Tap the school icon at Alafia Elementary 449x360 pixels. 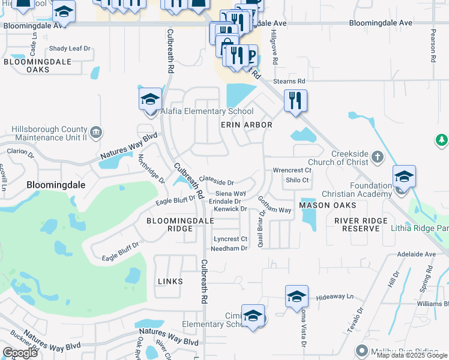pos(150,100)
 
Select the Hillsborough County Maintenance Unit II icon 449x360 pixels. pos(95,132)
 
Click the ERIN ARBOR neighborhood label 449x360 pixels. pos(247,125)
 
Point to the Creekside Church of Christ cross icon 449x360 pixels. pos(377,157)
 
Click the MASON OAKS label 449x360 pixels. pos(328,205)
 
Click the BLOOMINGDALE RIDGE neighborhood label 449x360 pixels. pos(172,225)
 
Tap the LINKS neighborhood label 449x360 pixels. pos(170,281)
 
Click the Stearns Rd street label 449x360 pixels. pos(289,81)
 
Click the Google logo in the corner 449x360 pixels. pos(20,353)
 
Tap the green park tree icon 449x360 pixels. pos(442,140)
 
